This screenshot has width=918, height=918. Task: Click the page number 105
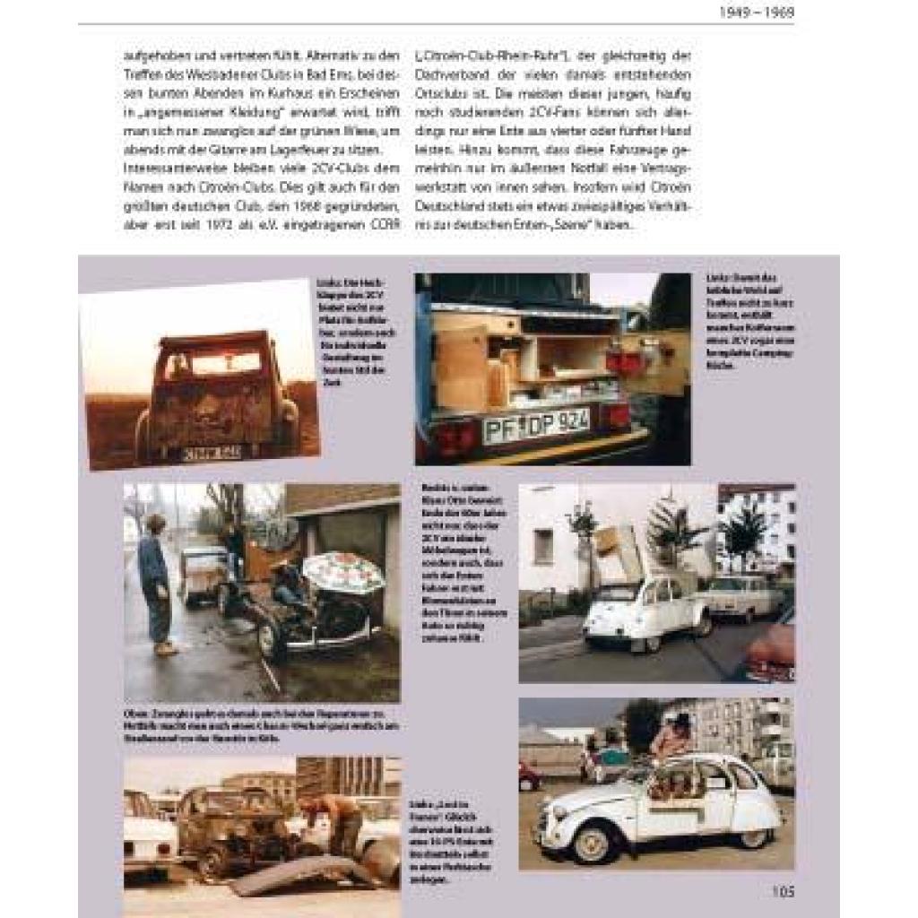pyautogui.click(x=782, y=892)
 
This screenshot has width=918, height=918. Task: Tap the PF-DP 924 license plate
pyautogui.click(x=535, y=426)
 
